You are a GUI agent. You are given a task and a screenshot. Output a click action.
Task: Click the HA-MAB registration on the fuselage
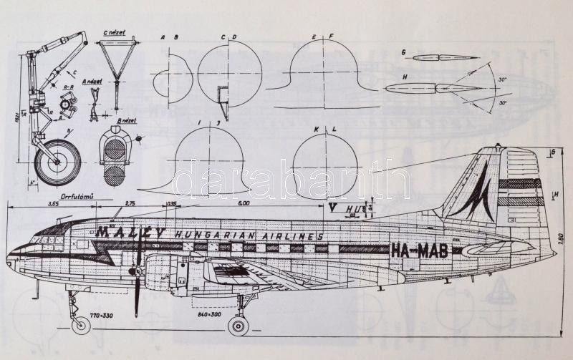point(420,250)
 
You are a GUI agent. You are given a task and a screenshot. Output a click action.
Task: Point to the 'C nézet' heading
point(113,33)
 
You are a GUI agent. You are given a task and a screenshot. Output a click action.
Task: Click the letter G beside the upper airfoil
point(404,52)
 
